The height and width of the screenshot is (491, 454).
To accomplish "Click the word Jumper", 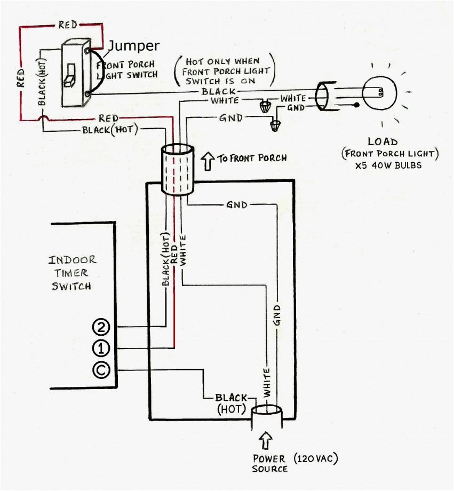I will click(x=134, y=46).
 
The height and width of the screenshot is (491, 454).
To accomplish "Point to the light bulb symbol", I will click(x=377, y=92).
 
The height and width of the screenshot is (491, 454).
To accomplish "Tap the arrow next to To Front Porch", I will click(x=208, y=159).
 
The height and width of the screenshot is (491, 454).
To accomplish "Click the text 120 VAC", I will click(x=316, y=458).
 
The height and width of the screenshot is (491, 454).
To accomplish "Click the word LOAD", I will click(x=383, y=142).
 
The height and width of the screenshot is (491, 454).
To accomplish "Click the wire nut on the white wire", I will click(x=264, y=106).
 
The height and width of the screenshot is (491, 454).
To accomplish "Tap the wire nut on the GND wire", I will click(x=275, y=126).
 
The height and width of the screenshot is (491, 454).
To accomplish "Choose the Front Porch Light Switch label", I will click(x=128, y=69).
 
